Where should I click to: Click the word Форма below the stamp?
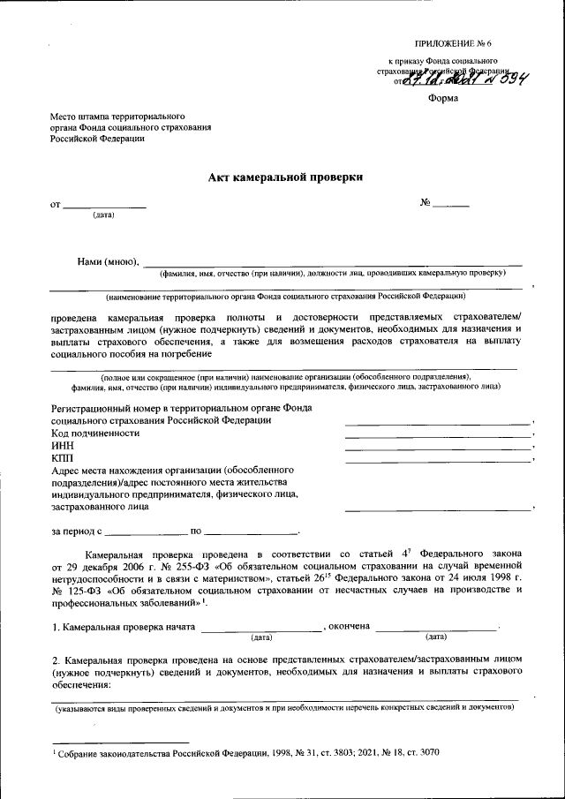[443, 98]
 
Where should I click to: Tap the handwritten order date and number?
[463, 79]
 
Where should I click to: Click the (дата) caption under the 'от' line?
[103, 215]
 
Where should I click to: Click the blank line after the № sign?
[450, 206]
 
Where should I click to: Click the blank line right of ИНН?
[438, 448]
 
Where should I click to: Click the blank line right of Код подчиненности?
[438, 435]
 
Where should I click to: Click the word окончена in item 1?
[349, 627]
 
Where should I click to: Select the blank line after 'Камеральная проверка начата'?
[261, 628]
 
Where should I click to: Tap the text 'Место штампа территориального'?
[117, 116]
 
